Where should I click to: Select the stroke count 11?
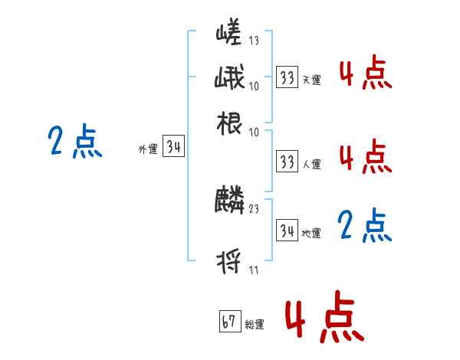coord(253,270)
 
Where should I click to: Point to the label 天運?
coord(311,80)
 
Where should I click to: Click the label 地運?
coord(311,233)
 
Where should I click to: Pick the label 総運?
coord(254,325)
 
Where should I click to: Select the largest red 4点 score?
coord(323,316)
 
